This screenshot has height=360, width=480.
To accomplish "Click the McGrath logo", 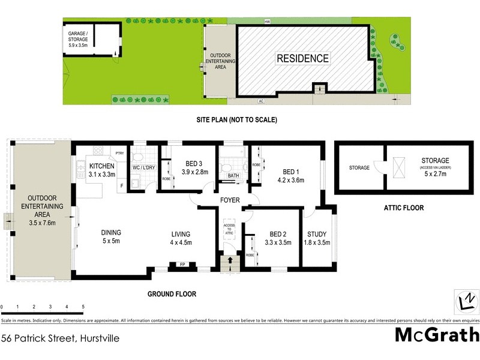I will (x=437, y=335).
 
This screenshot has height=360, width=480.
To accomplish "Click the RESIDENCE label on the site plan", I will (x=302, y=58).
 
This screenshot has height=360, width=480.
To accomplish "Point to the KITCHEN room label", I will (x=101, y=170).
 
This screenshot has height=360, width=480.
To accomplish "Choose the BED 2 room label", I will (x=278, y=239).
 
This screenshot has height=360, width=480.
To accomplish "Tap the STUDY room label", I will (x=317, y=239).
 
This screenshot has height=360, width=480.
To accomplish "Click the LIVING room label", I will (x=180, y=238).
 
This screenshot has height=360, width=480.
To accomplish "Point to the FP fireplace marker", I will (x=182, y=264).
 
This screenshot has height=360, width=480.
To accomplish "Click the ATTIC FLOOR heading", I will (x=404, y=208).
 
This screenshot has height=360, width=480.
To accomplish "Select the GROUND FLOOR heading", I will (x=172, y=294).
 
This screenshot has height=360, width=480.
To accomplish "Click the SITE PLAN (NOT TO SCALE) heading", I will (x=237, y=120).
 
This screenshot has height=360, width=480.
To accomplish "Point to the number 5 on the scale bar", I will (x=83, y=307).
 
